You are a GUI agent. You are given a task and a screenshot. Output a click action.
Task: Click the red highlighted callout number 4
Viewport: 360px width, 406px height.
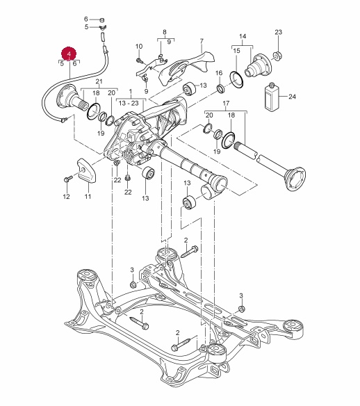click(69, 54)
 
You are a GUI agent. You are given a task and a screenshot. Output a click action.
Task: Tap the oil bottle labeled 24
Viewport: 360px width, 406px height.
click(272, 97)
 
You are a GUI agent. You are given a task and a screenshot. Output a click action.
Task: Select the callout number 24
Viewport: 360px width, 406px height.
click(292, 97)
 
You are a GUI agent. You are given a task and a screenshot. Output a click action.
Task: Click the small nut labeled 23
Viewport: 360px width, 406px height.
click(278, 56)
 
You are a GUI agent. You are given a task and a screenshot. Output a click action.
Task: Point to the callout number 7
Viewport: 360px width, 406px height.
click(202, 41)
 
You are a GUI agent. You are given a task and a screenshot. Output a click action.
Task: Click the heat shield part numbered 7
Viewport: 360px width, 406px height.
click(186, 68)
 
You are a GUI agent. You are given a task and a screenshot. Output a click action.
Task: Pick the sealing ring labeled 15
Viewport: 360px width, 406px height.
click(236, 79)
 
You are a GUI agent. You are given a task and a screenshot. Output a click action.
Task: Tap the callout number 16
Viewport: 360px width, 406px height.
click(219, 73)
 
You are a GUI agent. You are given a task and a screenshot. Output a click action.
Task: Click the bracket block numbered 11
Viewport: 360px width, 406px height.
click(87, 172)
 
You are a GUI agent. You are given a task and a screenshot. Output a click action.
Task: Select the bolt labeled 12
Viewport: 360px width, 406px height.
click(68, 179)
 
